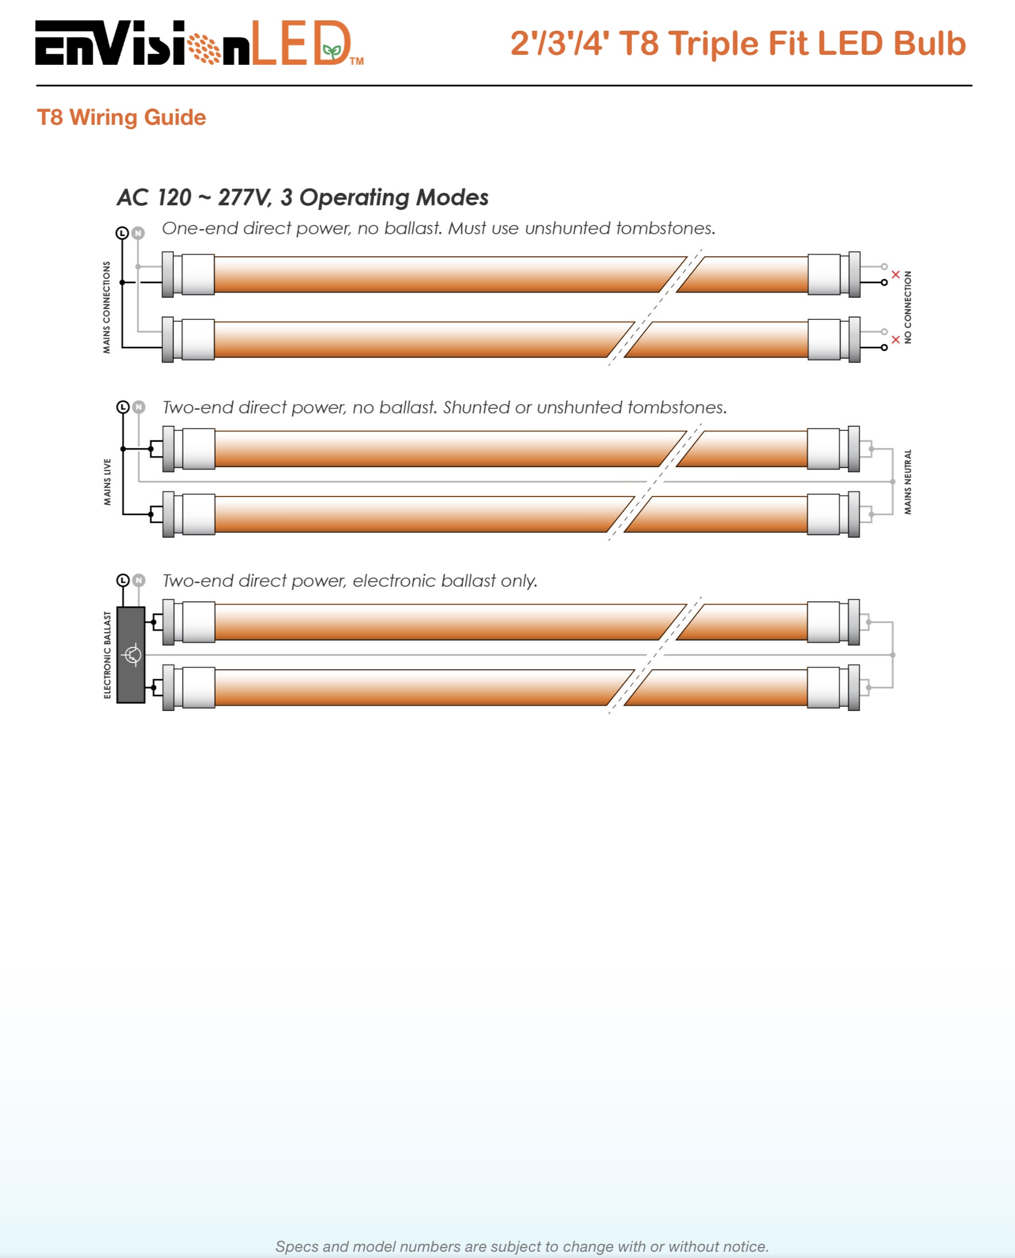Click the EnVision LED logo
tap(199, 44)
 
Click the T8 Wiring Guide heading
tap(121, 118)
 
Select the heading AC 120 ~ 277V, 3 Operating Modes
tap(302, 197)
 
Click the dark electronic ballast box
tap(131, 655)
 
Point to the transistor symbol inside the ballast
tap(133, 655)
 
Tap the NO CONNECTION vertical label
tap(907, 307)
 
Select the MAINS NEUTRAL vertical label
tap(907, 482)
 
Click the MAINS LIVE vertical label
tap(107, 482)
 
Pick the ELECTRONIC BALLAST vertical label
tap(107, 655)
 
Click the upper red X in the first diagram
tap(895, 274)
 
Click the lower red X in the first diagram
tap(895, 339)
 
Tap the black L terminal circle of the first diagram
tap(122, 233)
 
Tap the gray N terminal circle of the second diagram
tap(138, 407)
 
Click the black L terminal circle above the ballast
tap(123, 580)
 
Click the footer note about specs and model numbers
tap(521, 1247)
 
